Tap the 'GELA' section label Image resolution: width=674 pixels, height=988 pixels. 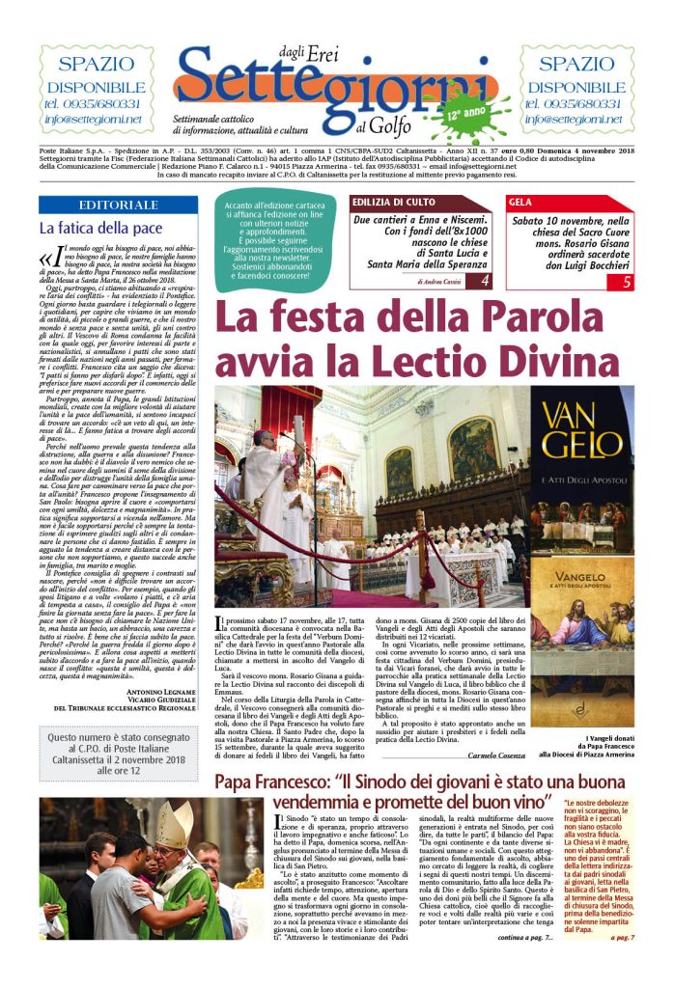click(520, 204)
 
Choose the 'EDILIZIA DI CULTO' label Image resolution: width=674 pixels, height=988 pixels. click(388, 204)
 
